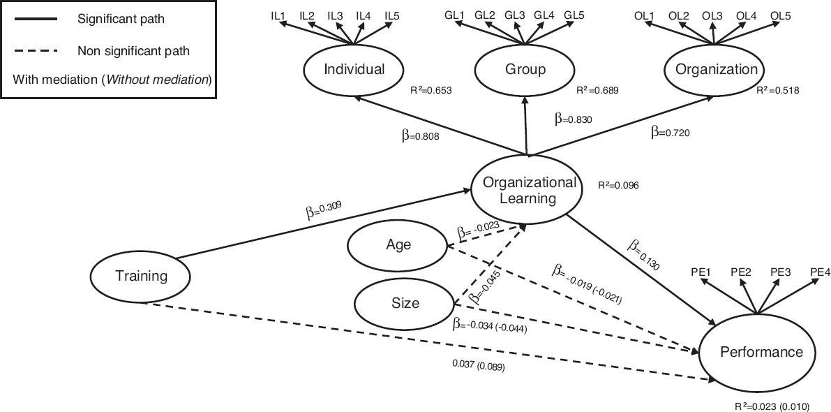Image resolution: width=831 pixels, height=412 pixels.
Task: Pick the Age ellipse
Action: (x=398, y=244)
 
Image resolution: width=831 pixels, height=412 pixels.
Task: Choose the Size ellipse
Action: (x=405, y=303)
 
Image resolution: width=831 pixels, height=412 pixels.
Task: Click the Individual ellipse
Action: (x=354, y=69)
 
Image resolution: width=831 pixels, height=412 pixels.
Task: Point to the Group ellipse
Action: (x=525, y=69)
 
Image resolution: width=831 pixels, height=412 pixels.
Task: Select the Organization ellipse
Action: (x=713, y=69)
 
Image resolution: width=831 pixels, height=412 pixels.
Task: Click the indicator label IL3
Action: (x=334, y=15)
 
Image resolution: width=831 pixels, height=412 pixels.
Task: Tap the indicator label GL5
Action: (x=574, y=15)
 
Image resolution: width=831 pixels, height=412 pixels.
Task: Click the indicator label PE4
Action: (x=819, y=272)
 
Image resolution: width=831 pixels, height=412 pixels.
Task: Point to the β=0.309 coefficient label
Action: (x=321, y=210)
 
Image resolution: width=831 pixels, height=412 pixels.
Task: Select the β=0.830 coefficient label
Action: (x=574, y=119)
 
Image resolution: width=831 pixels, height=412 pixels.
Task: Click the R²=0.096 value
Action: (x=618, y=186)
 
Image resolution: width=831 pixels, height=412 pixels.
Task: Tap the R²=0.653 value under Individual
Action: (x=431, y=91)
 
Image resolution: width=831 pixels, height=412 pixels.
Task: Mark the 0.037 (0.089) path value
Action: (x=477, y=365)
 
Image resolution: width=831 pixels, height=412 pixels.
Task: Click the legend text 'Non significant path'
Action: (x=133, y=52)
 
